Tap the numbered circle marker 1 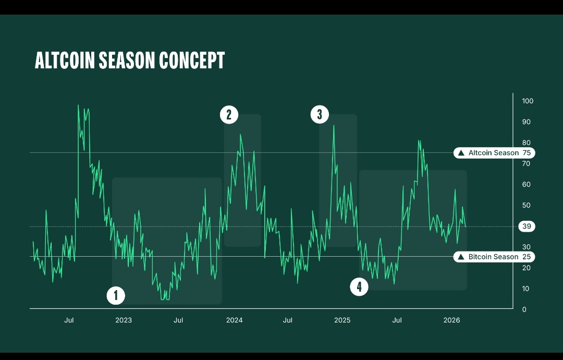point(116,296)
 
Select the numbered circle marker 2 point(229,114)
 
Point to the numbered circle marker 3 point(320,114)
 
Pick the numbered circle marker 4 point(359,286)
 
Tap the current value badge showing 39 point(527,226)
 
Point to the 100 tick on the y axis point(528,101)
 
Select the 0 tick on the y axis point(524,309)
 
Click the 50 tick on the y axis point(527,205)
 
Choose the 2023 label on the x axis point(123,320)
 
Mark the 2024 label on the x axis point(234,320)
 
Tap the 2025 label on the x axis point(342,320)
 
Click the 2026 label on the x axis point(451,320)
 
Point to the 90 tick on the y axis point(527,122)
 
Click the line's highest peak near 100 point(78,105)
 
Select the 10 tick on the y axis point(527,289)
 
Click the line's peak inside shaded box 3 point(334,126)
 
